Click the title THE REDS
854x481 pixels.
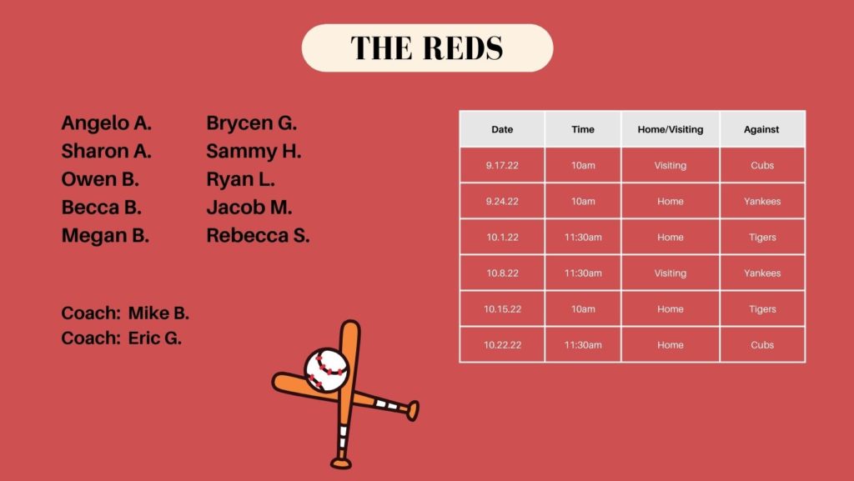point(427,48)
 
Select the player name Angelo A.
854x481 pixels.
point(106,123)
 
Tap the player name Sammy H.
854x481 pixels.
point(254,151)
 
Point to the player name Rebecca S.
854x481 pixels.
point(259,236)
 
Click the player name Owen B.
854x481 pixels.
point(100,179)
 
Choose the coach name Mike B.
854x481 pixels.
point(158,313)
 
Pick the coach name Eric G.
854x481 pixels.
point(154,338)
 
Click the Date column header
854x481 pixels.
point(502,129)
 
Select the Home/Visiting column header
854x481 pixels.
point(671,129)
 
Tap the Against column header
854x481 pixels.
point(761,129)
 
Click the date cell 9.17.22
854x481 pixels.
point(502,165)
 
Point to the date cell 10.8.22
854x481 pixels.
point(502,273)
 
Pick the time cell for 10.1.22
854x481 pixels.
point(583,238)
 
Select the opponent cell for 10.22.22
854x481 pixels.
point(762,345)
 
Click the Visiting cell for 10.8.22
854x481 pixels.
point(671,273)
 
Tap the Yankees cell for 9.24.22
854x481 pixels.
point(762,202)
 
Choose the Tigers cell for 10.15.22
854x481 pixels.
point(762,309)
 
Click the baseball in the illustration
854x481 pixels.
point(326,370)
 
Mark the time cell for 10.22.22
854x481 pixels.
point(583,345)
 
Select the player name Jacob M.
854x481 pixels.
point(249,208)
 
